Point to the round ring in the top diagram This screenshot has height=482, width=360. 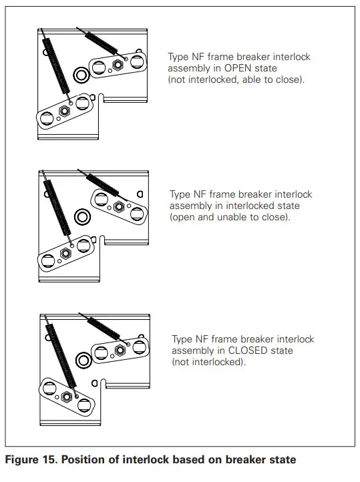pyautogui.click(x=81, y=74)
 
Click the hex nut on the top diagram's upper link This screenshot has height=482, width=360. pyautogui.click(x=118, y=65)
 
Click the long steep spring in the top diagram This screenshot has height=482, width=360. pyautogui.click(x=56, y=67)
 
